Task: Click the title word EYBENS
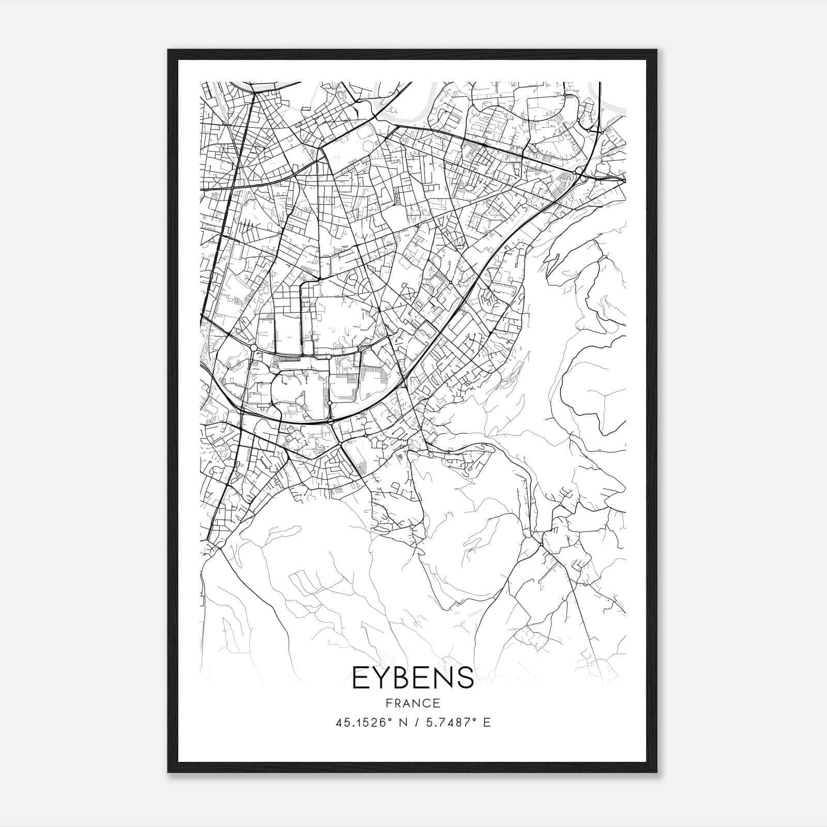(x=413, y=678)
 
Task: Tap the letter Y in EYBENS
(x=382, y=678)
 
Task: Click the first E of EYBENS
(x=361, y=678)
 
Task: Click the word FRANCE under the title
(x=413, y=703)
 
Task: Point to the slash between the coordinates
(x=416, y=723)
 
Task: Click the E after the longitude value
(x=487, y=723)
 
